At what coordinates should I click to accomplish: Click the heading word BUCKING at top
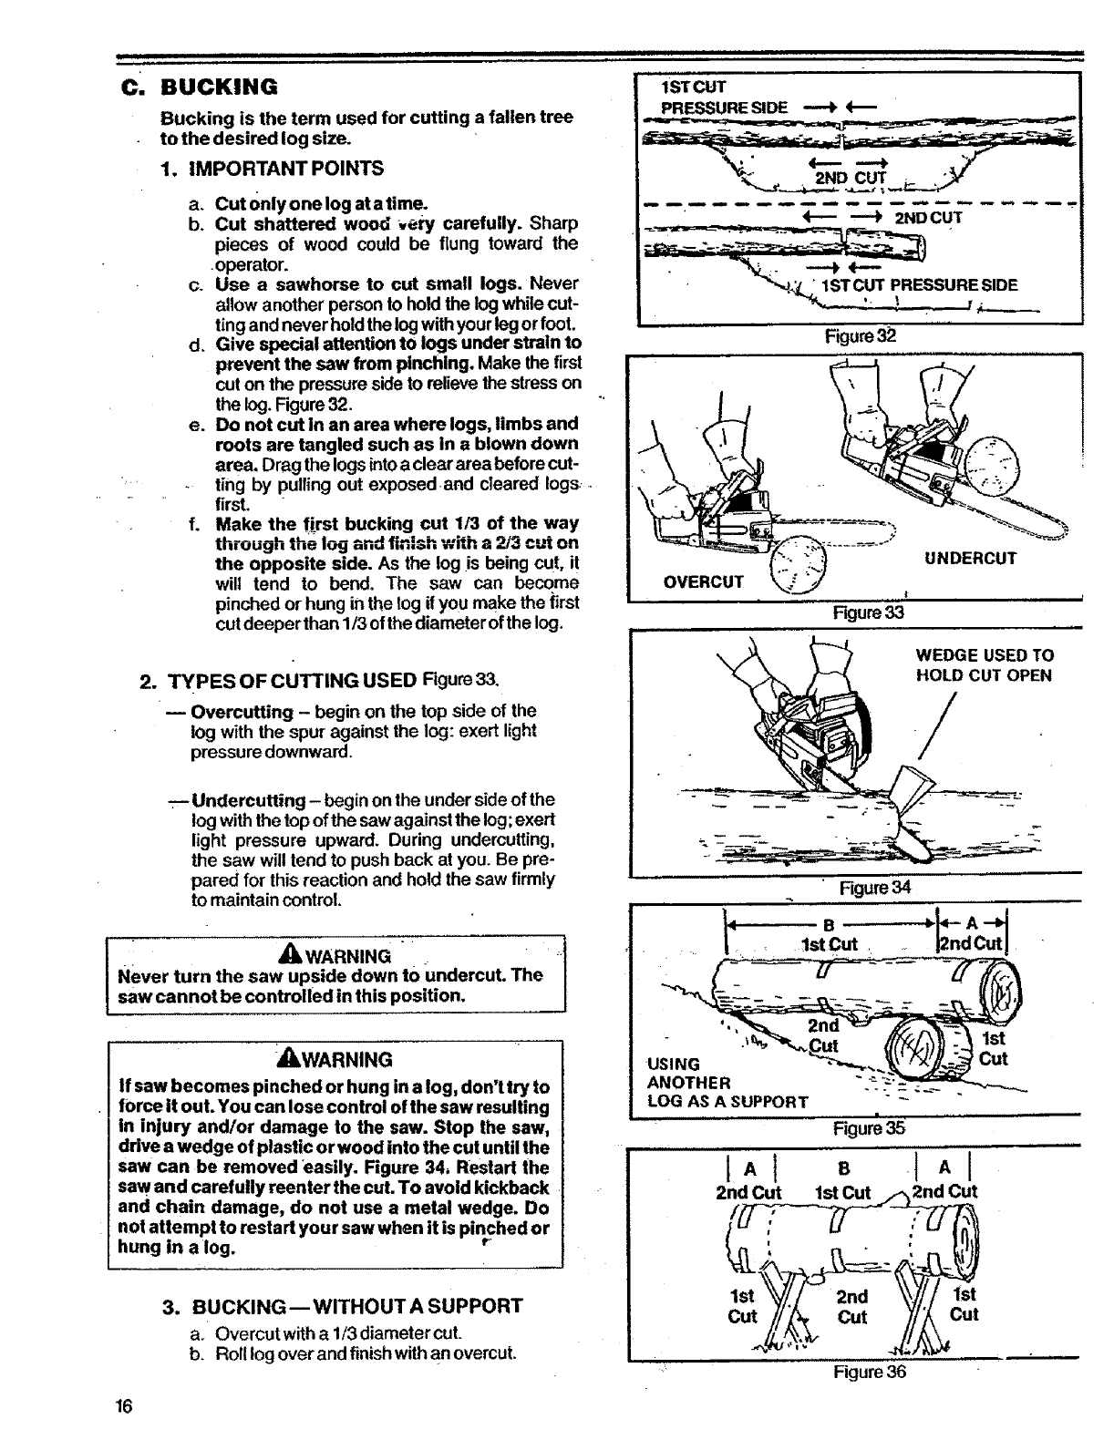click(x=219, y=87)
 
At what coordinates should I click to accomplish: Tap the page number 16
click(x=124, y=1405)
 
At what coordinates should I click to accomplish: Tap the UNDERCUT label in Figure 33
click(x=970, y=559)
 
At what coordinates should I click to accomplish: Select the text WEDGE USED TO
click(x=985, y=655)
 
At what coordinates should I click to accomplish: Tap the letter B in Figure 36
click(x=843, y=1169)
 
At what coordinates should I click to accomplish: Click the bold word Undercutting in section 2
click(x=249, y=800)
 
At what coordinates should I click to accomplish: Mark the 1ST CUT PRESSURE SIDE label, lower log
click(x=919, y=285)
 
